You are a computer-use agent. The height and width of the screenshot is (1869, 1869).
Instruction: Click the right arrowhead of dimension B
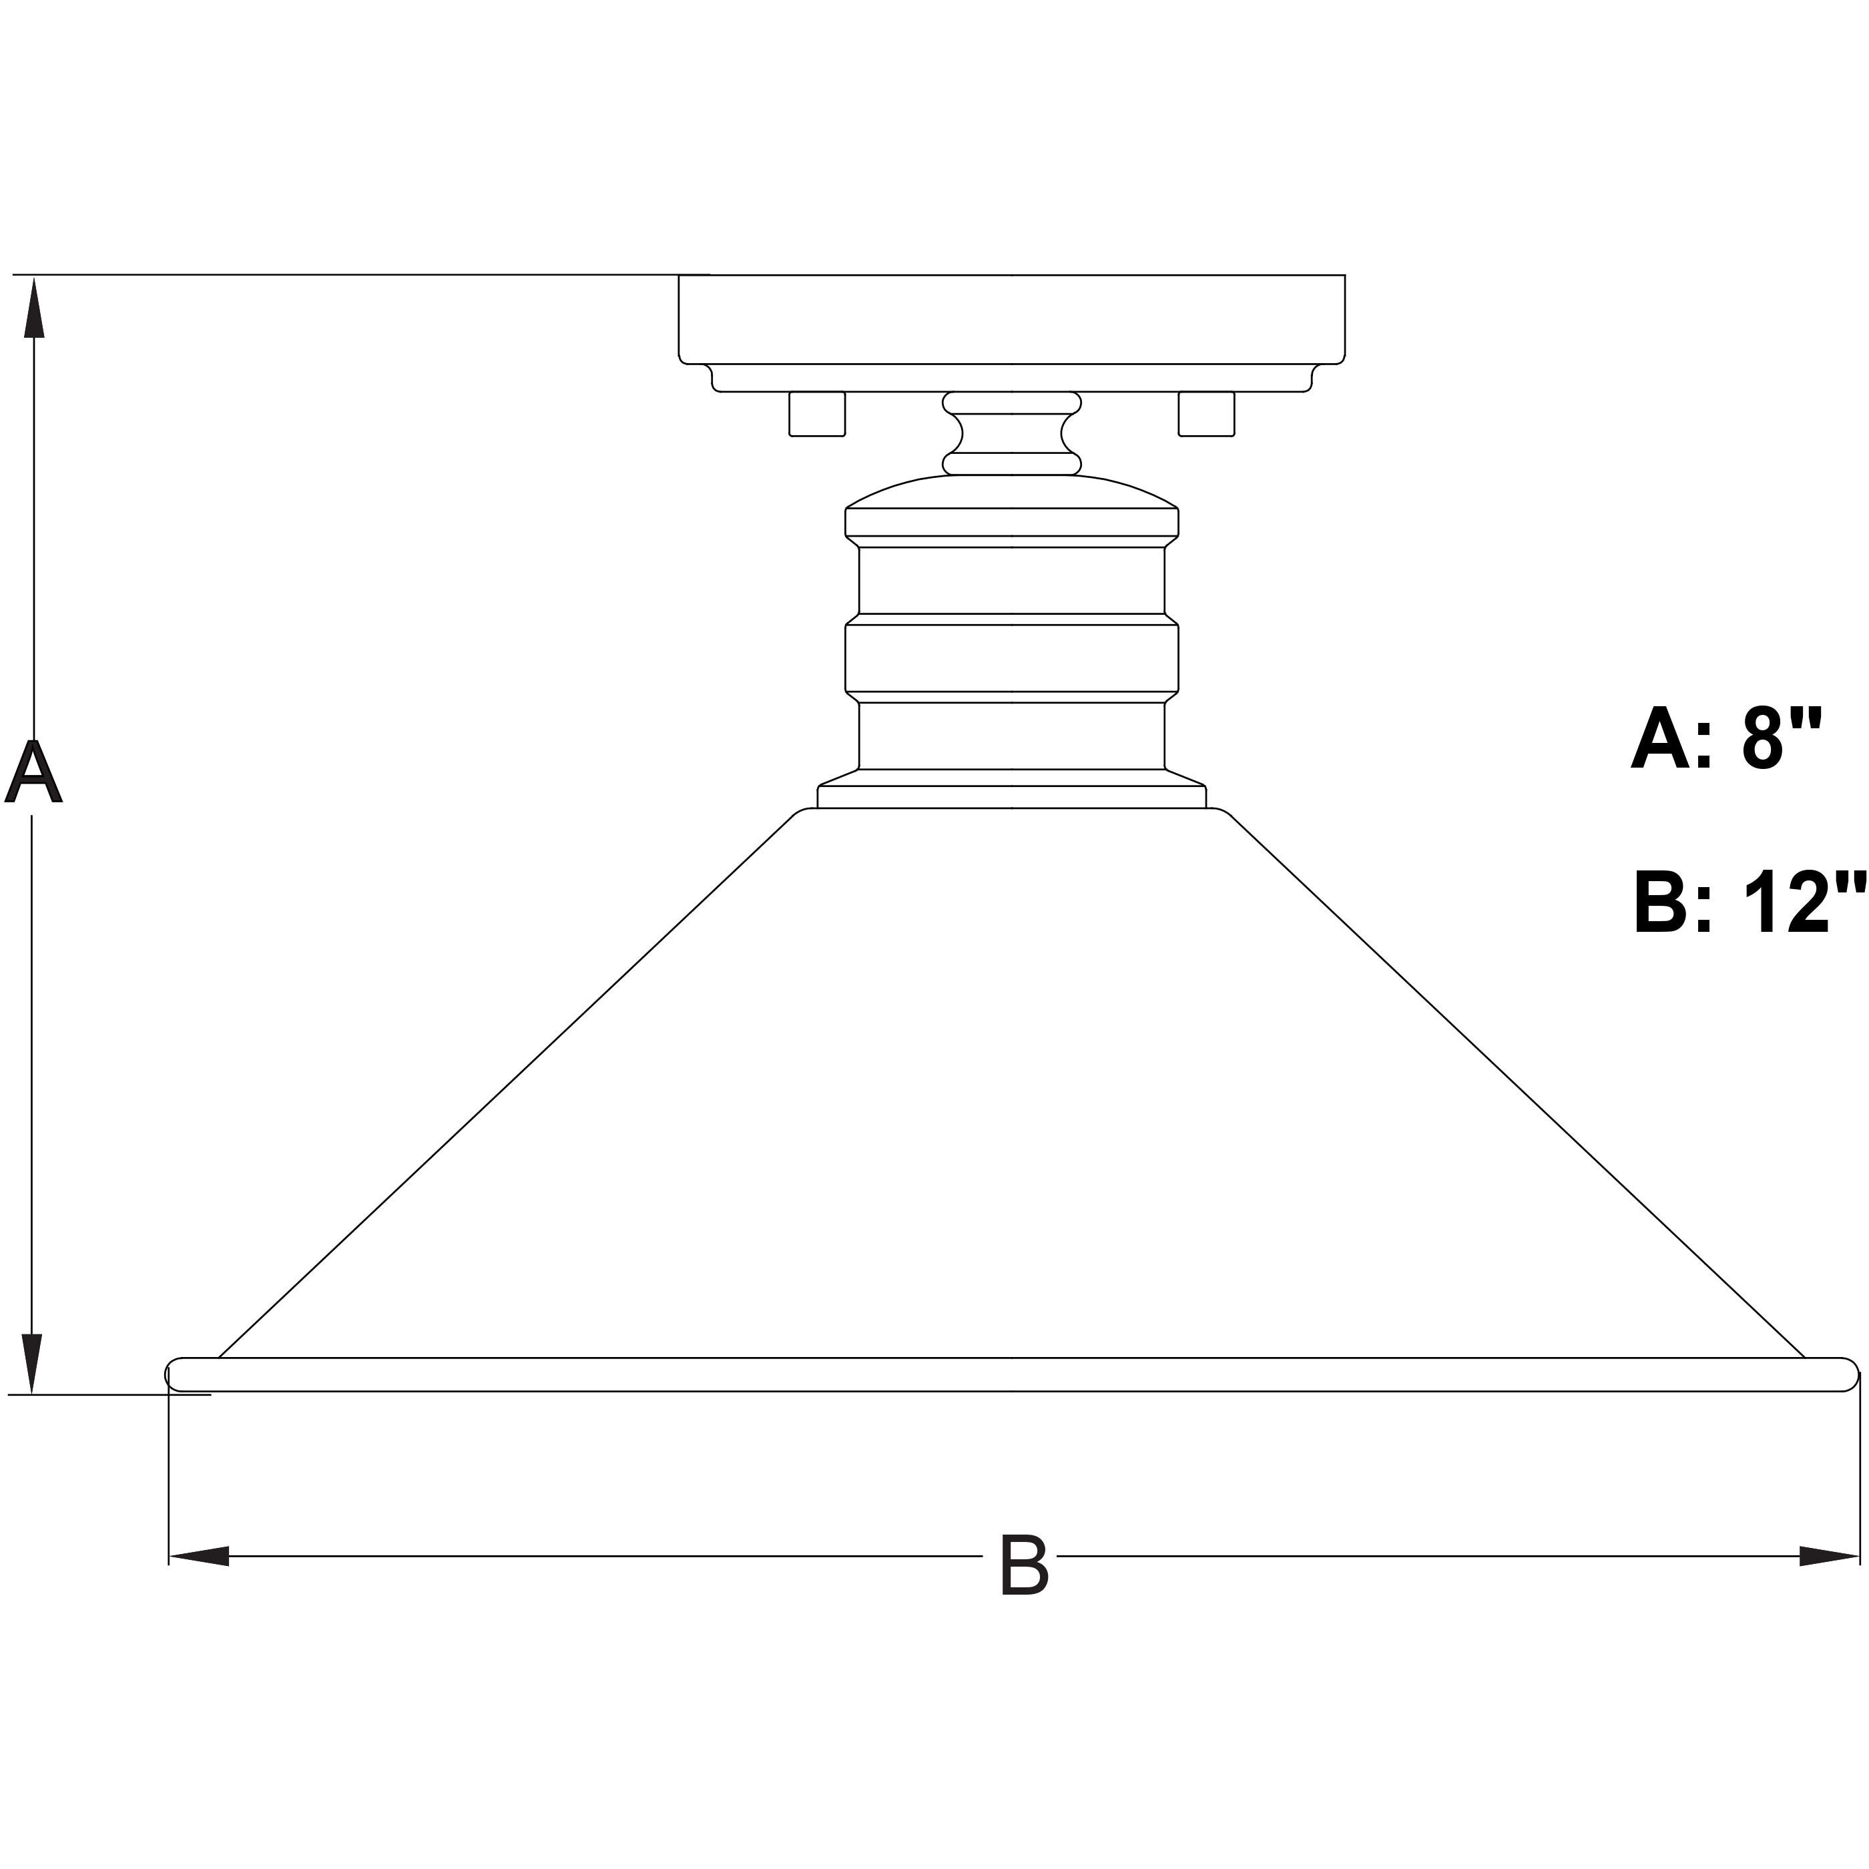point(1828,1555)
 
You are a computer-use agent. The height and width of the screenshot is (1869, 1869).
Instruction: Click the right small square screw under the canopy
point(1206,414)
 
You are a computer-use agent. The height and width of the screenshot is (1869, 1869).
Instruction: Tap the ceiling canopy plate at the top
point(1011,319)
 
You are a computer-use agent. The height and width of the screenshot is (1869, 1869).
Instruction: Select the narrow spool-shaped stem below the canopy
point(1011,433)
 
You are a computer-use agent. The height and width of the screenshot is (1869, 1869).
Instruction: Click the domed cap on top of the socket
point(1011,493)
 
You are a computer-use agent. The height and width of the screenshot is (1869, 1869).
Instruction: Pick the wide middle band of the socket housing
point(1011,658)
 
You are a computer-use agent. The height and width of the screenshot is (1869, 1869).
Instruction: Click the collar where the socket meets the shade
point(1011,795)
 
